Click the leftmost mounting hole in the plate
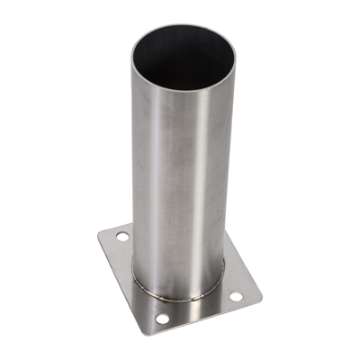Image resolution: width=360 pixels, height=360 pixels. point(121,236)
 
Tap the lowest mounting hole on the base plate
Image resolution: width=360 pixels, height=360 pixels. point(162,319)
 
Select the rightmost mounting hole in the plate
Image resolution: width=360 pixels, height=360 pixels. point(236,295)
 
